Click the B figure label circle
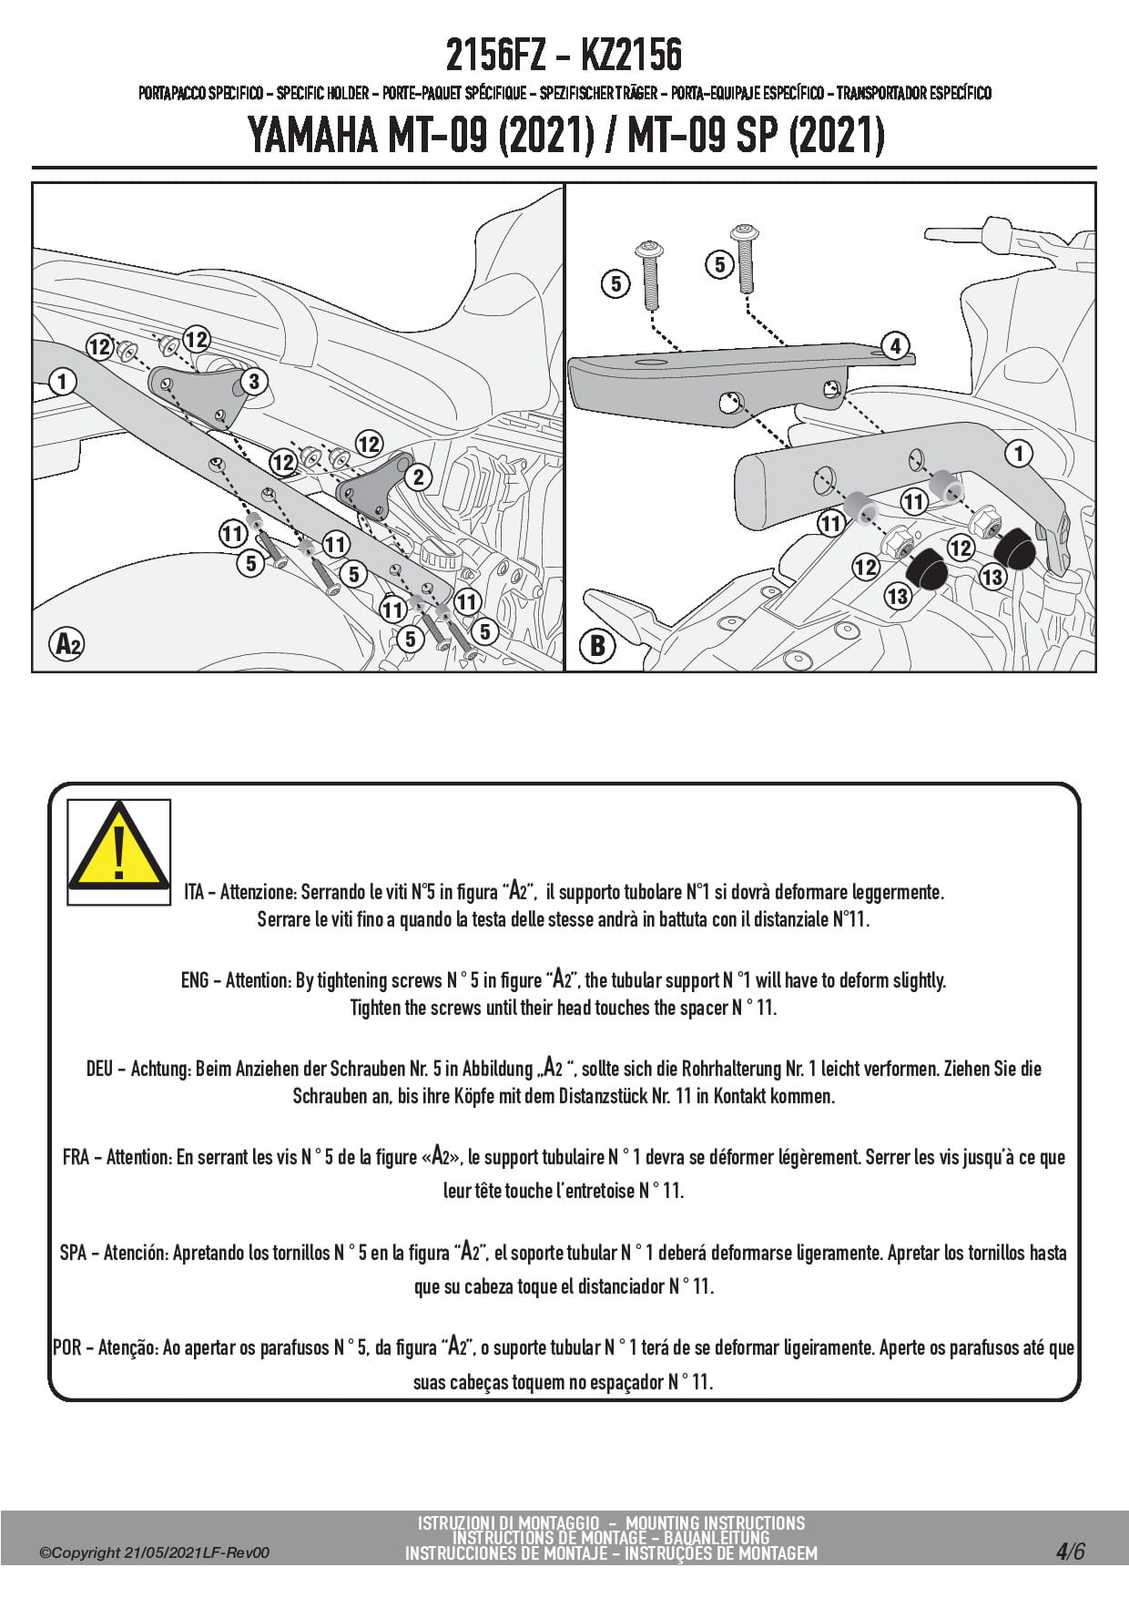pos(598,646)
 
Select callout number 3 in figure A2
pos(254,382)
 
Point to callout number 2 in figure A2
pos(418,476)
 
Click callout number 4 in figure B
pos(896,346)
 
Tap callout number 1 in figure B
pos(1019,453)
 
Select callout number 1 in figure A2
pos(62,381)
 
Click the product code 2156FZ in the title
pos(495,56)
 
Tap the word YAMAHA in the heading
pos(311,137)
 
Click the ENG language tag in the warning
pos(195,980)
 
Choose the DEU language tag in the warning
pos(100,1069)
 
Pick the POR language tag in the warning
pos(67,1347)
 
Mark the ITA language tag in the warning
pos(194,892)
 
